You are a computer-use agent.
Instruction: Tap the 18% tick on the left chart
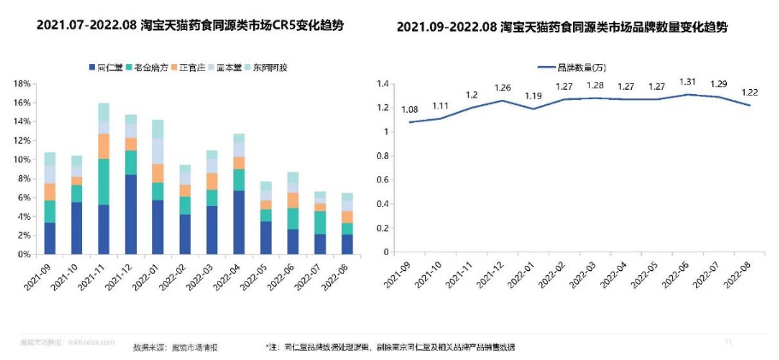coord(22,84)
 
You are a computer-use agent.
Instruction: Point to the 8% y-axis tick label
coord(24,179)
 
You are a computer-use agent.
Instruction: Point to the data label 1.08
coord(410,109)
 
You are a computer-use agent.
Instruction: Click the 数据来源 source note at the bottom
coord(175,347)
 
